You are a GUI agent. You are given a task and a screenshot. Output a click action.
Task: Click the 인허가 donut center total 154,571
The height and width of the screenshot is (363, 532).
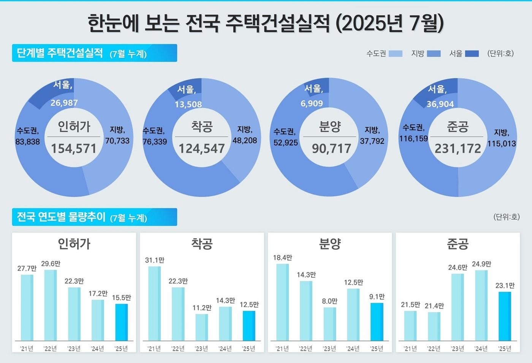tap(74, 148)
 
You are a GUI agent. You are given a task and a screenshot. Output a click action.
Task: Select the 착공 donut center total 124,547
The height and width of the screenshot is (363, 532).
tap(202, 148)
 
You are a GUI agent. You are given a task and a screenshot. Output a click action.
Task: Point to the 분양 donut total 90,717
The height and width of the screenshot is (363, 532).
tap(331, 148)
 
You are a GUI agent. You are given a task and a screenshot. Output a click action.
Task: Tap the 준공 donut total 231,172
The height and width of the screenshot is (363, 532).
tap(458, 148)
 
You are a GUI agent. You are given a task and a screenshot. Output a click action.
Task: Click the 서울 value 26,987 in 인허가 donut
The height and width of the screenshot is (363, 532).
tap(64, 103)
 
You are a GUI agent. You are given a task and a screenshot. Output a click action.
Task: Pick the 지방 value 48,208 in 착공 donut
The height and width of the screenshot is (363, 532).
tap(245, 140)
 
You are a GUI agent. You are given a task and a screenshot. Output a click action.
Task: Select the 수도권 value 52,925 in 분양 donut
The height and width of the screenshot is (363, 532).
tap(286, 143)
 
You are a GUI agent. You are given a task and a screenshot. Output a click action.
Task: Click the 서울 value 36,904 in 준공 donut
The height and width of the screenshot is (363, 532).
tap(440, 104)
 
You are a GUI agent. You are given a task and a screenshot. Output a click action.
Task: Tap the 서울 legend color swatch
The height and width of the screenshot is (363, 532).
tap(472, 54)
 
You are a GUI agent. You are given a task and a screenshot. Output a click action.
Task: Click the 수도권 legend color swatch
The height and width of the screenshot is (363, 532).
tap(396, 54)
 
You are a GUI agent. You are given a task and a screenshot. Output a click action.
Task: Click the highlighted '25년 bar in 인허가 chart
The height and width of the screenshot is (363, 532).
tap(122, 322)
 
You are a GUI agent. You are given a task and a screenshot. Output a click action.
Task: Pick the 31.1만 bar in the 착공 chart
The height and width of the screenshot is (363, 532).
tap(154, 303)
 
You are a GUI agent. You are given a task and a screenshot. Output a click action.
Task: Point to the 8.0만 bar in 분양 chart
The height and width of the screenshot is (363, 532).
tap(329, 324)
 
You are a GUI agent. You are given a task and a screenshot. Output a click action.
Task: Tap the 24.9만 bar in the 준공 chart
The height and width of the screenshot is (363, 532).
tap(481, 305)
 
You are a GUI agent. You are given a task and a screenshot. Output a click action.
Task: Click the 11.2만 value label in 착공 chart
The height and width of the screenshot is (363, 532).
tap(202, 308)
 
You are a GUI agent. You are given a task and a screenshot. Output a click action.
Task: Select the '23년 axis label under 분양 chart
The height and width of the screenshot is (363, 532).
tap(329, 349)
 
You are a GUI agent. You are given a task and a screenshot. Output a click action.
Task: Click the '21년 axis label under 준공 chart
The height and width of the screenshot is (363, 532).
tap(410, 349)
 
